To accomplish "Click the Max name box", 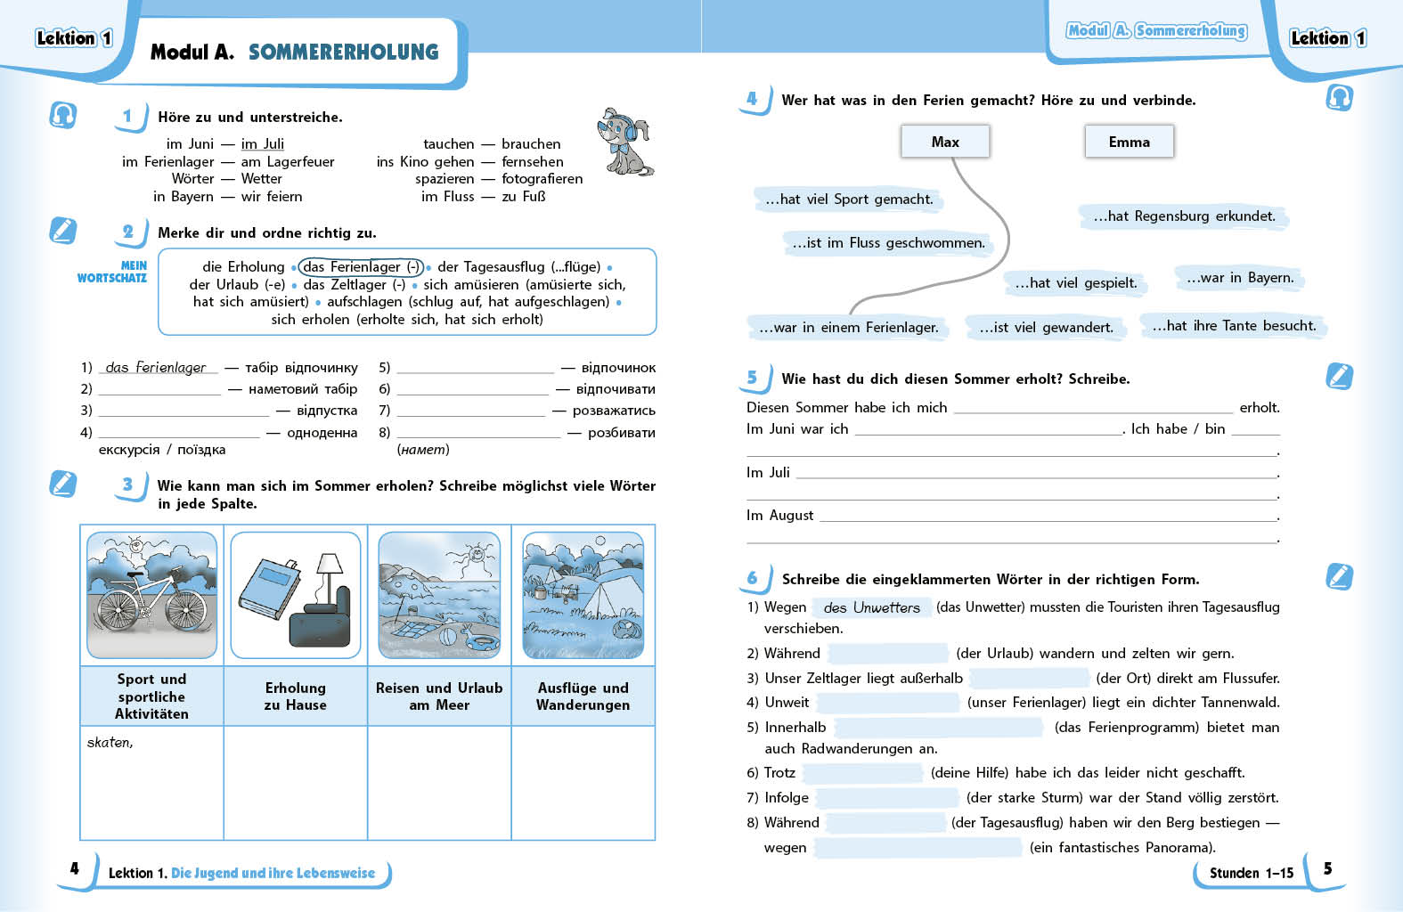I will coord(945,142).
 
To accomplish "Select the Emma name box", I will coord(1129,142).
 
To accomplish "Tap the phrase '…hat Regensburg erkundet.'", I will coord(1184,216).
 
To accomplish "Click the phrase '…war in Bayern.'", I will coord(1239,278).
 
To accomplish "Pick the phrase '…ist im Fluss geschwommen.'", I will coord(888,242).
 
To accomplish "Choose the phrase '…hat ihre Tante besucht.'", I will coord(1234,326).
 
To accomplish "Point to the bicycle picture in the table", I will coord(151,595).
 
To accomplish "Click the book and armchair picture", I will coord(296,595).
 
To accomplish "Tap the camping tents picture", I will coord(583,595).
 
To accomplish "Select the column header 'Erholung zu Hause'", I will coord(296,696).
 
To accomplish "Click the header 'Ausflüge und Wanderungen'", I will coord(583,696).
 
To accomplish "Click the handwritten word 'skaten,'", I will coord(110,742).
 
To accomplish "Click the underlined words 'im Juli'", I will coord(263,143).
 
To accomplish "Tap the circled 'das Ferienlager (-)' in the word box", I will coord(362,266).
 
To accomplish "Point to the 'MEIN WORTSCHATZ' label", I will coord(112,272).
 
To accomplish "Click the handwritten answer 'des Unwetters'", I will coord(871,607).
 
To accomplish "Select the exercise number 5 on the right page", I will coord(752,378).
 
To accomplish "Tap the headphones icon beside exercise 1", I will coord(63,115).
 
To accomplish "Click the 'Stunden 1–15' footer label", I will coord(1251,873).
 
